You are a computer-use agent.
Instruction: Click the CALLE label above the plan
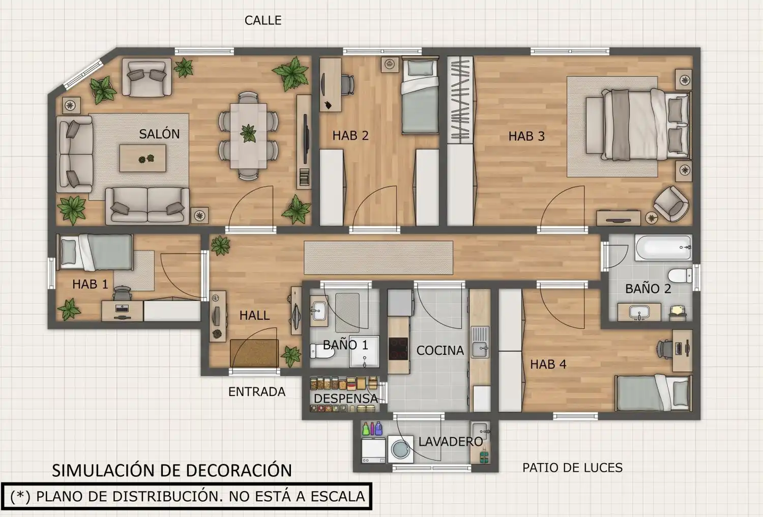pyautogui.click(x=263, y=20)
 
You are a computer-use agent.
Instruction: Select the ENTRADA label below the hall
pyautogui.click(x=257, y=392)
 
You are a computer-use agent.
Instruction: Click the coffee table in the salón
pyautogui.click(x=143, y=158)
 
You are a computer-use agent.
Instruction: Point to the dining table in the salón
pyautogui.click(x=248, y=136)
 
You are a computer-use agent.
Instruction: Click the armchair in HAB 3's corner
pyautogui.click(x=671, y=204)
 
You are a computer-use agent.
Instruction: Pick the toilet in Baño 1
pyautogui.click(x=322, y=351)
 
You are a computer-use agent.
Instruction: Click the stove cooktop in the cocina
pyautogui.click(x=398, y=349)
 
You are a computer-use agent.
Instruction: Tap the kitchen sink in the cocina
pyautogui.click(x=480, y=342)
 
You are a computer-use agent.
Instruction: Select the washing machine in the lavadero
pyautogui.click(x=401, y=449)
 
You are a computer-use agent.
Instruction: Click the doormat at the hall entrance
pyautogui.click(x=254, y=353)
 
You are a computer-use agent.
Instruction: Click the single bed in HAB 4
pyautogui.click(x=653, y=393)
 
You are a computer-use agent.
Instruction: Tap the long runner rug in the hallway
pyautogui.click(x=378, y=258)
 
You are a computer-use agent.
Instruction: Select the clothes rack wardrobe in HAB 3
pyautogui.click(x=460, y=99)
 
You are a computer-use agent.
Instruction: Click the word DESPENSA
pyautogui.click(x=346, y=399)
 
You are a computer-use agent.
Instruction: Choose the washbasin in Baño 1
pyautogui.click(x=319, y=311)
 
